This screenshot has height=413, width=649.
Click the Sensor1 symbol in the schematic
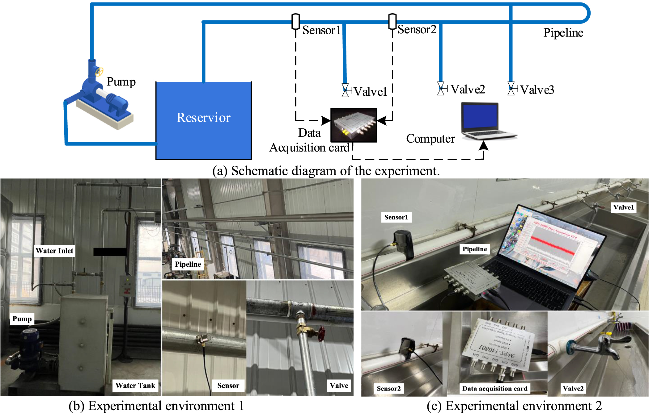(x=295, y=21)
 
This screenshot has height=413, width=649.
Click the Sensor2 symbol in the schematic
(x=392, y=21)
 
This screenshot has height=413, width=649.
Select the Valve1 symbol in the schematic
(x=345, y=90)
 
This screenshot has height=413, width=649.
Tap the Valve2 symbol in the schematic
(x=441, y=89)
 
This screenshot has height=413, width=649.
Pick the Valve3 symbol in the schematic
(x=511, y=89)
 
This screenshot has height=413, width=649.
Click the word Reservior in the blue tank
(x=203, y=118)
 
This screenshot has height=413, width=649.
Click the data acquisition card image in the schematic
(x=354, y=125)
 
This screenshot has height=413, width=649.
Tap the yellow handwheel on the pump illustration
(x=99, y=72)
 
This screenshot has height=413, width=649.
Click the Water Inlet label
(x=54, y=251)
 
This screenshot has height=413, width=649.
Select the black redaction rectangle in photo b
(x=110, y=252)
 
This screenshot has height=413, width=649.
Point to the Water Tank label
(x=135, y=386)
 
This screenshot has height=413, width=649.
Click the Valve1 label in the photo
(x=623, y=207)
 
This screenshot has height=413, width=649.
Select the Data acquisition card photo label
(x=494, y=389)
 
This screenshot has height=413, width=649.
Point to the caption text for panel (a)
(x=326, y=171)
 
